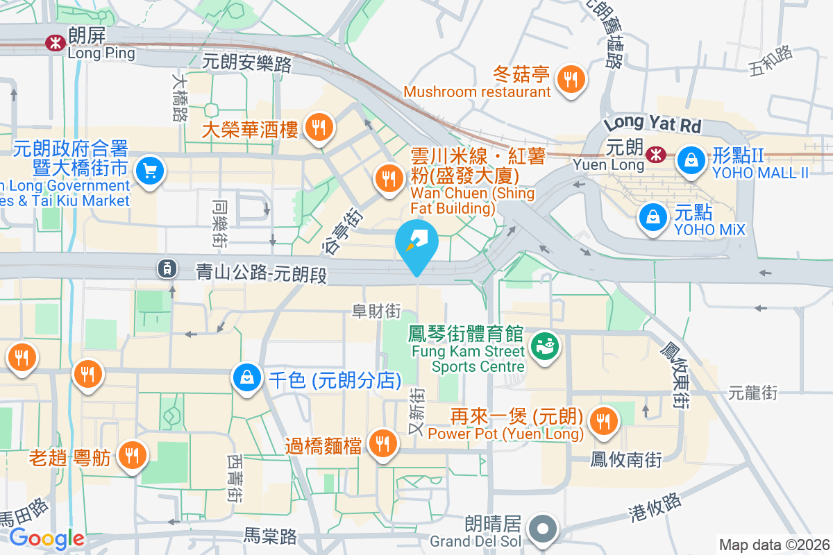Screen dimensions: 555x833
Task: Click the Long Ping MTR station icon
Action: click(x=53, y=43)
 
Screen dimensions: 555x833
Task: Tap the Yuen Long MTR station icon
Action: click(x=653, y=155)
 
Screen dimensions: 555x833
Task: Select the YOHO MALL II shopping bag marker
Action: click(x=691, y=160)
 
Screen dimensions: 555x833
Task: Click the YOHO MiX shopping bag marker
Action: click(x=653, y=217)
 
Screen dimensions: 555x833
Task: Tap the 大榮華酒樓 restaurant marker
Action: click(x=319, y=128)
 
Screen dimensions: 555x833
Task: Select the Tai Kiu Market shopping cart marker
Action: click(x=149, y=171)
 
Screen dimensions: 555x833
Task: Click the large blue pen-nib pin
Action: click(x=416, y=243)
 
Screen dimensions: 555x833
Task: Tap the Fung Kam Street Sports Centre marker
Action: click(x=544, y=345)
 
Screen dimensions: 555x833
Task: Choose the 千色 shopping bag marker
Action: click(x=247, y=378)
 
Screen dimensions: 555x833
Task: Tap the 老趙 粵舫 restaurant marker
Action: click(x=131, y=455)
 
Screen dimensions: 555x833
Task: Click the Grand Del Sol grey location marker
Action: click(x=544, y=529)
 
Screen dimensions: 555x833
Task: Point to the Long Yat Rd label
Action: click(x=652, y=126)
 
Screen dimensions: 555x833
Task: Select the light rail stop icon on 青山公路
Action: click(x=167, y=268)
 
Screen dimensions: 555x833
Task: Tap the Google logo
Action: click(x=47, y=538)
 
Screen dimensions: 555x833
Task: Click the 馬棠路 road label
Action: click(x=270, y=536)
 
